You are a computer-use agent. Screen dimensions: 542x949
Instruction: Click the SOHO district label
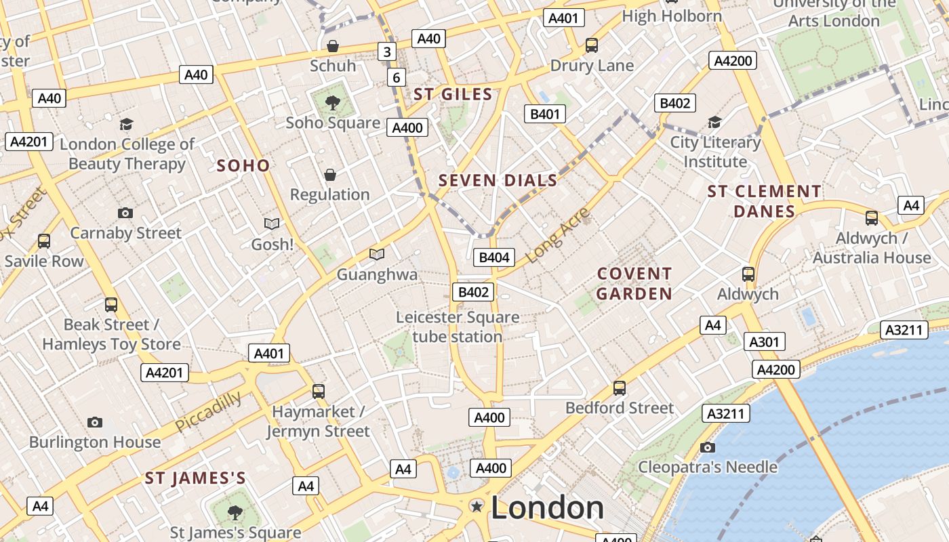pyautogui.click(x=243, y=165)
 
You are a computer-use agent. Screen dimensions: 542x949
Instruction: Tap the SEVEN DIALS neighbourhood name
pyautogui.click(x=498, y=181)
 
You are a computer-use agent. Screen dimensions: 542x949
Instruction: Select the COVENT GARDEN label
pyautogui.click(x=634, y=284)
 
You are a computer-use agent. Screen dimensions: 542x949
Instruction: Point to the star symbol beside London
pyautogui.click(x=477, y=506)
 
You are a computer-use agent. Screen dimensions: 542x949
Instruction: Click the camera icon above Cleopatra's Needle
pyautogui.click(x=708, y=447)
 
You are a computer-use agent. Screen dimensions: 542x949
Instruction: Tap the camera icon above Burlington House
pyautogui.click(x=95, y=422)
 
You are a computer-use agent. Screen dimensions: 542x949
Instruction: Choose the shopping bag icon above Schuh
pyautogui.click(x=333, y=46)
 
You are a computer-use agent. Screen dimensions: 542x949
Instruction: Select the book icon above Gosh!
pyautogui.click(x=272, y=224)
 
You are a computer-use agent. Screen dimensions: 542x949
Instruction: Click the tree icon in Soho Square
pyautogui.click(x=332, y=103)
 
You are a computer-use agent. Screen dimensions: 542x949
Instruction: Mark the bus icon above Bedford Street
pyautogui.click(x=620, y=388)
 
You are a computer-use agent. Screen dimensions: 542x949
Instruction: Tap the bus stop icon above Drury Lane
pyautogui.click(x=592, y=45)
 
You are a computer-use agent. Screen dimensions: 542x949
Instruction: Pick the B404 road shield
pyautogui.click(x=493, y=257)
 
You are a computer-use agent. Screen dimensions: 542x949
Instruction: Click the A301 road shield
pyautogui.click(x=764, y=342)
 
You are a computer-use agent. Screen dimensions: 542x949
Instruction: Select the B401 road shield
pyautogui.click(x=545, y=114)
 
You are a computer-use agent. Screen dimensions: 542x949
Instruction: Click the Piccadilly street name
pyautogui.click(x=208, y=411)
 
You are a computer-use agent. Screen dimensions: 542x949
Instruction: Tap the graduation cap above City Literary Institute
pyautogui.click(x=714, y=122)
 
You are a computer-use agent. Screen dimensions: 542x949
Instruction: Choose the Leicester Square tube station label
pyautogui.click(x=458, y=327)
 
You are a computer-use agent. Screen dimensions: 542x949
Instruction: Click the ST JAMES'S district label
pyautogui.click(x=195, y=478)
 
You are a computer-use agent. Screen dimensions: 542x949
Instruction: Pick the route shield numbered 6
pyautogui.click(x=397, y=78)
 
